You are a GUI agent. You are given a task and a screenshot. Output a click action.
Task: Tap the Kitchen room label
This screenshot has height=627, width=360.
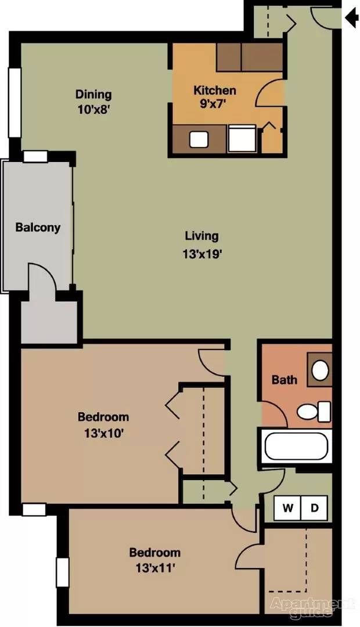click(x=214, y=91)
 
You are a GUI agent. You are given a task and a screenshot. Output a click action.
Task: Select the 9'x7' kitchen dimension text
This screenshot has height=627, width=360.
click(x=214, y=105)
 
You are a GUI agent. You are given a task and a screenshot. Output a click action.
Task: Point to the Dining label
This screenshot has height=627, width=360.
click(x=93, y=94)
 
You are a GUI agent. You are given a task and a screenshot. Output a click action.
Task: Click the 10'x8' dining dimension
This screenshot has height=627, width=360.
click(x=93, y=109)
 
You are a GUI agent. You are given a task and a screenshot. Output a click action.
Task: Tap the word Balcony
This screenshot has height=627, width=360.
click(x=38, y=227)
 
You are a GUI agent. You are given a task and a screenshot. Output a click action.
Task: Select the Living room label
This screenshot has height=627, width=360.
click(x=201, y=236)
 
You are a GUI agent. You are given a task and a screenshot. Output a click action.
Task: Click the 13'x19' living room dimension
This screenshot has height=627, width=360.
click(x=201, y=253)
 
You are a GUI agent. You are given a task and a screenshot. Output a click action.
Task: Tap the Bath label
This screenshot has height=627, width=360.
click(x=285, y=380)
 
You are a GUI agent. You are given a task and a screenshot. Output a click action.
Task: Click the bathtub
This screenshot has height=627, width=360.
click(x=296, y=446)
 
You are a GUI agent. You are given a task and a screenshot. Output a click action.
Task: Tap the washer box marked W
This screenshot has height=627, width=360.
click(x=287, y=508)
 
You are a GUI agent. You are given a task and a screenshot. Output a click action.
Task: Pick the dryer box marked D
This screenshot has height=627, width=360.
click(x=314, y=508)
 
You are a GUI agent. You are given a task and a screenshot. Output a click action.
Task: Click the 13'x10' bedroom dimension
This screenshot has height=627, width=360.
click(x=103, y=433)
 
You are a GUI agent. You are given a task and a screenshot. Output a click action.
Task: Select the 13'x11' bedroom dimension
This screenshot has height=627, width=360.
click(x=154, y=568)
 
